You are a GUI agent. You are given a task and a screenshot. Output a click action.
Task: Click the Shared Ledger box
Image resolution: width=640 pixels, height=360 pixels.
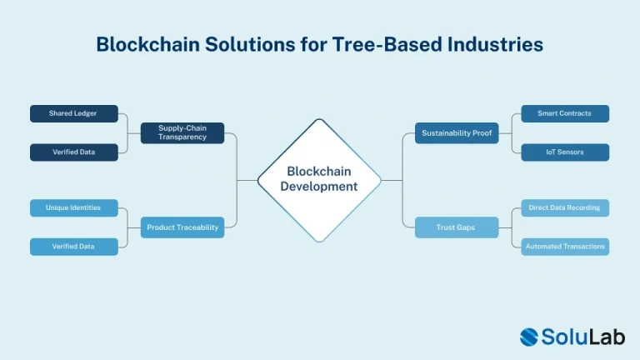click(73, 113)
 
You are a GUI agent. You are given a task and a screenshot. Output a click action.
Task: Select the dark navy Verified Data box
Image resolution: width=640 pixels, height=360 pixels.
click(73, 152)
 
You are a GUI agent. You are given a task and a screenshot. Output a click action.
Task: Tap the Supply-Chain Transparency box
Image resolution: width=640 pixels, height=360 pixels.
click(182, 132)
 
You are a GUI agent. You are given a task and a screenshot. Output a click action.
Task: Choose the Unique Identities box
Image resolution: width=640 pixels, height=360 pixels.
click(73, 207)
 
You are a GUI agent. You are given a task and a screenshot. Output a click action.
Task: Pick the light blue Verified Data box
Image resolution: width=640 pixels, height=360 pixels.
click(73, 247)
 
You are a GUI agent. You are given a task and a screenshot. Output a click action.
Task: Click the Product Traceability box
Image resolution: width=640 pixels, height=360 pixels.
click(182, 227)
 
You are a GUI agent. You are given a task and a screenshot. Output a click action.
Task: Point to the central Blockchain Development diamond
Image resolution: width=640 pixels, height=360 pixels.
click(319, 179)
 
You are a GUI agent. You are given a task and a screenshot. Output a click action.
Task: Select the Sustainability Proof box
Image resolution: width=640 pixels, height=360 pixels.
click(457, 132)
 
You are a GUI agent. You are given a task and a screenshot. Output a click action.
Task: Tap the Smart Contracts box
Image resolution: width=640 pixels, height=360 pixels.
click(565, 113)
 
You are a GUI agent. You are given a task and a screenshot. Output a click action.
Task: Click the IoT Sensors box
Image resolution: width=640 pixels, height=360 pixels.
click(565, 152)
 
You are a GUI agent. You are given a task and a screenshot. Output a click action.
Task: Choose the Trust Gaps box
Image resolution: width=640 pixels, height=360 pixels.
click(457, 227)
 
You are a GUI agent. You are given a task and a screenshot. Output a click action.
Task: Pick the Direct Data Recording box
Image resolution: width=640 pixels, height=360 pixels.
click(565, 207)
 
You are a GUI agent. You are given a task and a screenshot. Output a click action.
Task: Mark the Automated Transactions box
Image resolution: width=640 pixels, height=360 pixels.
click(565, 247)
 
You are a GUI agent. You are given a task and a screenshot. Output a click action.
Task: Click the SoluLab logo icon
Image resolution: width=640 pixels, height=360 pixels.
click(532, 336)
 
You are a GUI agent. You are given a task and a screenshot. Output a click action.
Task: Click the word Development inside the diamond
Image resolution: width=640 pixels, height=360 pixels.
click(319, 187)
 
